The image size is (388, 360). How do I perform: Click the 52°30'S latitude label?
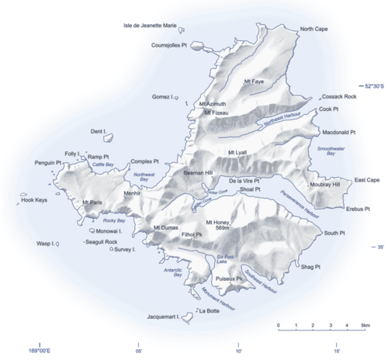[x=370, y=85]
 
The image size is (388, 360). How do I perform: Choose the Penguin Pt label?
[x=47, y=163]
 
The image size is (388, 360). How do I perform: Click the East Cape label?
[x=366, y=180]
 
